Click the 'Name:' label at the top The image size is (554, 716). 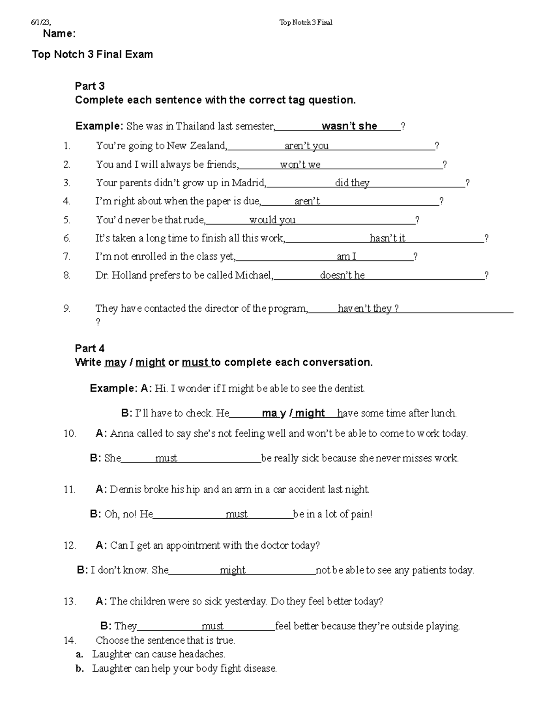click(59, 34)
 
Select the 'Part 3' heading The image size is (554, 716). click(90, 86)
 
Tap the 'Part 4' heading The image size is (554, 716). click(90, 349)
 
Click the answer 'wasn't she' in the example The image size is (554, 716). click(349, 126)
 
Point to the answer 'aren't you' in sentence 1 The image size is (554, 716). click(307, 146)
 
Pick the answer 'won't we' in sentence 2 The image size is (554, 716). click(300, 165)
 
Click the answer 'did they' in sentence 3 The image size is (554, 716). click(352, 183)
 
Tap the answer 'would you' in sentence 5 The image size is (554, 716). click(272, 220)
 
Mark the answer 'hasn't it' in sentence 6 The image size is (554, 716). click(387, 238)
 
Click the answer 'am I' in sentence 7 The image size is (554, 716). click(346, 257)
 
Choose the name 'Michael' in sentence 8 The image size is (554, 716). click(253, 275)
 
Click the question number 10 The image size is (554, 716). click(70, 434)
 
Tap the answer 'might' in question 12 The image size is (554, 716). click(233, 570)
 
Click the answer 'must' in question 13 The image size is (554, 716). click(212, 626)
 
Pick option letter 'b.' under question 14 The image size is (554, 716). click(80, 669)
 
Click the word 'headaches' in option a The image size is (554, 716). click(201, 654)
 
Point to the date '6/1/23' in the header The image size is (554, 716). click(41, 22)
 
